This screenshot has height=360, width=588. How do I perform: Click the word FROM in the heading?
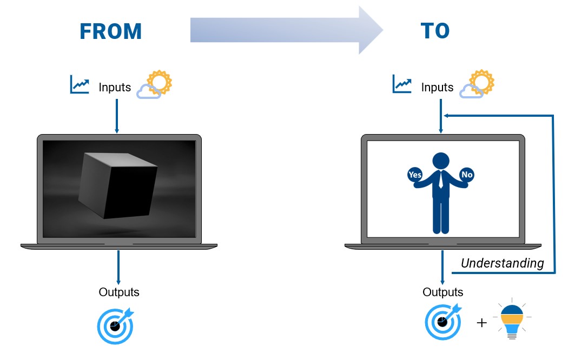[x=111, y=31]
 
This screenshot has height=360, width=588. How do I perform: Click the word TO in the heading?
[x=435, y=31]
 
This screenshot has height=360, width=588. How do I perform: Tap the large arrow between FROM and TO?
[x=287, y=30]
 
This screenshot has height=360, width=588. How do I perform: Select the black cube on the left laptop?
[x=118, y=185]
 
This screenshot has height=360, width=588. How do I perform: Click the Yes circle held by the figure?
[x=415, y=175]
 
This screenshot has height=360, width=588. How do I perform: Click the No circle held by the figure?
[x=467, y=175]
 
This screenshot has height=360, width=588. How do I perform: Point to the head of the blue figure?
[x=441, y=161]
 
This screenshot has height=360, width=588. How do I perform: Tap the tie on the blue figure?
[x=441, y=179]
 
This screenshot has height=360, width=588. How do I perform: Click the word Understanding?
[x=502, y=263]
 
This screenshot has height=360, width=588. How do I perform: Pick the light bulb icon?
[x=512, y=319]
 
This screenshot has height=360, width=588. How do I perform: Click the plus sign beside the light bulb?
[x=481, y=323]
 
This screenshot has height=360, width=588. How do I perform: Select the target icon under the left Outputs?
[x=116, y=326]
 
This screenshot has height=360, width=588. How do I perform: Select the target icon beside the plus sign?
[x=443, y=322]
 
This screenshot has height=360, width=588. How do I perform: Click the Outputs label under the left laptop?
[x=119, y=292]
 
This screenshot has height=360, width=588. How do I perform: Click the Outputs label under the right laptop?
[x=443, y=292]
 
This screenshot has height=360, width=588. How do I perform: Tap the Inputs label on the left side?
[x=115, y=87]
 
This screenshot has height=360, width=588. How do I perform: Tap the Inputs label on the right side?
[x=437, y=87]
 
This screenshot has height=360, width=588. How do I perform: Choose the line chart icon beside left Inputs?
[x=80, y=84]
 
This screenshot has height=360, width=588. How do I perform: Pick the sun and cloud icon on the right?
[x=477, y=84]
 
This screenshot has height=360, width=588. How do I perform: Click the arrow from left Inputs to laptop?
[x=117, y=116]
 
